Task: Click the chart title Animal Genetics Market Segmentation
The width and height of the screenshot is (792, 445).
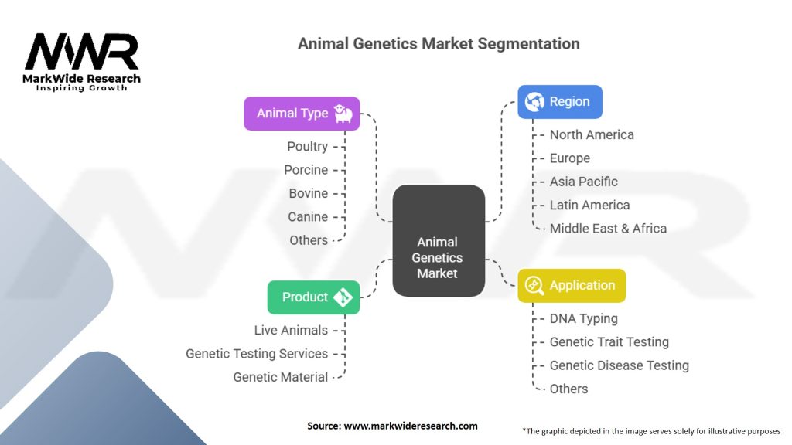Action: click(x=439, y=43)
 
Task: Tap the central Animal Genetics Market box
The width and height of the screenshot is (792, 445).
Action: click(x=438, y=241)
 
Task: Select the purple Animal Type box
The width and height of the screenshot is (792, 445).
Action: click(x=302, y=113)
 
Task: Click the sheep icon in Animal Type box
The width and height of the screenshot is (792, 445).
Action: click(x=343, y=114)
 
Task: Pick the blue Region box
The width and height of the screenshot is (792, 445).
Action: click(x=559, y=101)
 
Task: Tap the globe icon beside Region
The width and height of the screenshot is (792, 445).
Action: click(x=534, y=102)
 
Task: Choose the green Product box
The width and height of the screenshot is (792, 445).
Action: click(x=313, y=297)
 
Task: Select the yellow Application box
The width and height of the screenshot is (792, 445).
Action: click(x=571, y=285)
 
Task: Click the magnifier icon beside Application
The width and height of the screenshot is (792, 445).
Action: click(x=534, y=286)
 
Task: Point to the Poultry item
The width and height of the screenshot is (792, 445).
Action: click(x=307, y=146)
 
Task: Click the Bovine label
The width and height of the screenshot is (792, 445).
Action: click(x=308, y=193)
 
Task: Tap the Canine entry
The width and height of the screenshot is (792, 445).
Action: click(x=308, y=216)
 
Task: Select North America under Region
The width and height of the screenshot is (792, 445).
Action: click(x=592, y=134)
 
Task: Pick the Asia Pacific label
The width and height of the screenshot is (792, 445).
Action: click(x=583, y=182)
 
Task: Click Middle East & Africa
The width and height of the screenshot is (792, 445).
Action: click(x=608, y=228)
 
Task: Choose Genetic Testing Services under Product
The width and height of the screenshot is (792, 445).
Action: click(x=257, y=353)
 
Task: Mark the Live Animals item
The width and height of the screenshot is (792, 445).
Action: click(x=291, y=330)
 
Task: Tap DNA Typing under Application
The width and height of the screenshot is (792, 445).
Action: click(x=583, y=318)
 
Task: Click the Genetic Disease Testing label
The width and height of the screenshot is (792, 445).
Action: click(x=619, y=365)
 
